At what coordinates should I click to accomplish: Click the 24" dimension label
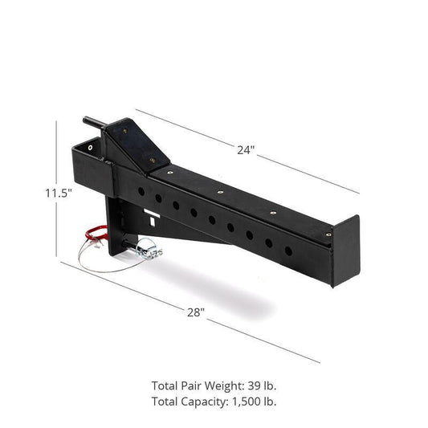[x=246, y=150]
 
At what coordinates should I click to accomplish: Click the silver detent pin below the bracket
[x=148, y=251]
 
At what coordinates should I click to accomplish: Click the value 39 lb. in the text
[x=259, y=385]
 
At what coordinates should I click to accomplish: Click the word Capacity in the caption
[x=202, y=400]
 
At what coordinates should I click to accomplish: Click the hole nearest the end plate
[x=288, y=250]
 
